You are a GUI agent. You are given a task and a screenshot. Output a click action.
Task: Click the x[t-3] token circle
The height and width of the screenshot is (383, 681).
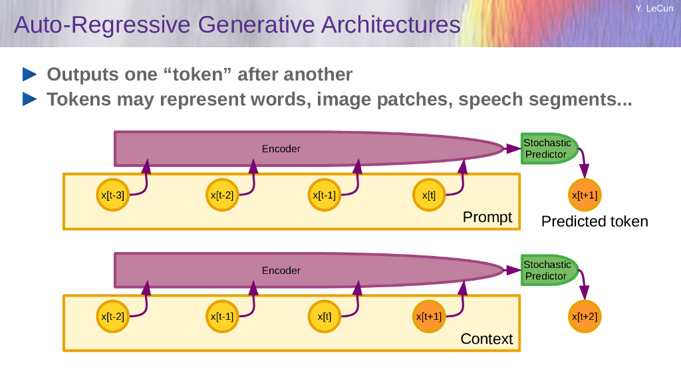point(112,195)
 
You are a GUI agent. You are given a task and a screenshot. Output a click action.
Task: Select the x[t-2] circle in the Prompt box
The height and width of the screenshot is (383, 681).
point(222,195)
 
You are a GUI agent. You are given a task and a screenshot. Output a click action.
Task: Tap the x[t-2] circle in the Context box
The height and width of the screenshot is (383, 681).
point(112,317)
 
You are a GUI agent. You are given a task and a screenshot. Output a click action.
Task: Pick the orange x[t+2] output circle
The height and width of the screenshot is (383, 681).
point(585,317)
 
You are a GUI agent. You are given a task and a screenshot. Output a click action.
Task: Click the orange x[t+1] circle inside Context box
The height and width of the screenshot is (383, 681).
point(429,317)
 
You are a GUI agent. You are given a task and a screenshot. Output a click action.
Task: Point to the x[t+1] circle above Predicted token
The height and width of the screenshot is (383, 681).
point(585,195)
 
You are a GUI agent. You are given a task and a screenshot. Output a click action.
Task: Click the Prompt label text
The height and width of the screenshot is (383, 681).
point(487,217)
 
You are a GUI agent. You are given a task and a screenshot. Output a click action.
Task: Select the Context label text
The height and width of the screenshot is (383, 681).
point(487,339)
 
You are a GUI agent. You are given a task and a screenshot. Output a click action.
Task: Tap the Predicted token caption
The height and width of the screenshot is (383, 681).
point(595,221)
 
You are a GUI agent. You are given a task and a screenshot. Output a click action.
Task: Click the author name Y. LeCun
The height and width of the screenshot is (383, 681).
point(654,9)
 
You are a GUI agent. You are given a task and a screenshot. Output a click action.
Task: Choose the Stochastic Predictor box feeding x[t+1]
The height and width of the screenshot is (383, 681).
point(547,148)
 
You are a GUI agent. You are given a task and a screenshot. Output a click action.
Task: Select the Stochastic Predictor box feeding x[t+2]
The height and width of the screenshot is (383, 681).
point(547,270)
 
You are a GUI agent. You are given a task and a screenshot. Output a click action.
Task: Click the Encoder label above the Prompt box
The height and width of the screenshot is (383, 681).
point(281,149)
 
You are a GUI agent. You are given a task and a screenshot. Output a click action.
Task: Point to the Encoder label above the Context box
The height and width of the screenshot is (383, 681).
point(281,271)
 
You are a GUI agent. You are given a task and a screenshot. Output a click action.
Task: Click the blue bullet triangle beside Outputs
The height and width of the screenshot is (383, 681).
point(30,73)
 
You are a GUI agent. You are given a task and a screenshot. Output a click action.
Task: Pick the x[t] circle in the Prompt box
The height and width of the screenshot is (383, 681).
point(429,195)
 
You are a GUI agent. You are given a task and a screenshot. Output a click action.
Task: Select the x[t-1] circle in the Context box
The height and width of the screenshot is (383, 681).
point(222,317)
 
